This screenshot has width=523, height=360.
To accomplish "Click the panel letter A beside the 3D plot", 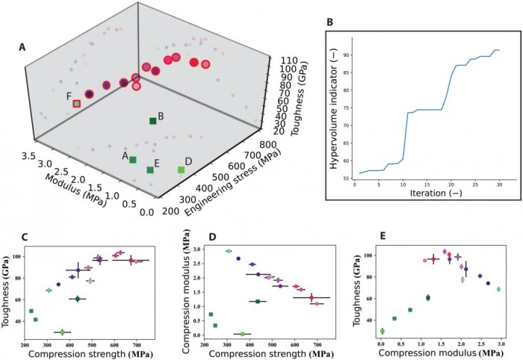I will pyautogui.click(x=23, y=48).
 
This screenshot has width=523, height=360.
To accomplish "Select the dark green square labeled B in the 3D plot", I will pyautogui.click(x=153, y=120).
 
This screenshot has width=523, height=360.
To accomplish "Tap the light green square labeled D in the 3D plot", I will pyautogui.click(x=181, y=170).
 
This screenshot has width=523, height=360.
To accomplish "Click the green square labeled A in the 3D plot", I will pyautogui.click(x=133, y=160).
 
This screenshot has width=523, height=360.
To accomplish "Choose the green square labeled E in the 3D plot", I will pyautogui.click(x=151, y=170).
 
